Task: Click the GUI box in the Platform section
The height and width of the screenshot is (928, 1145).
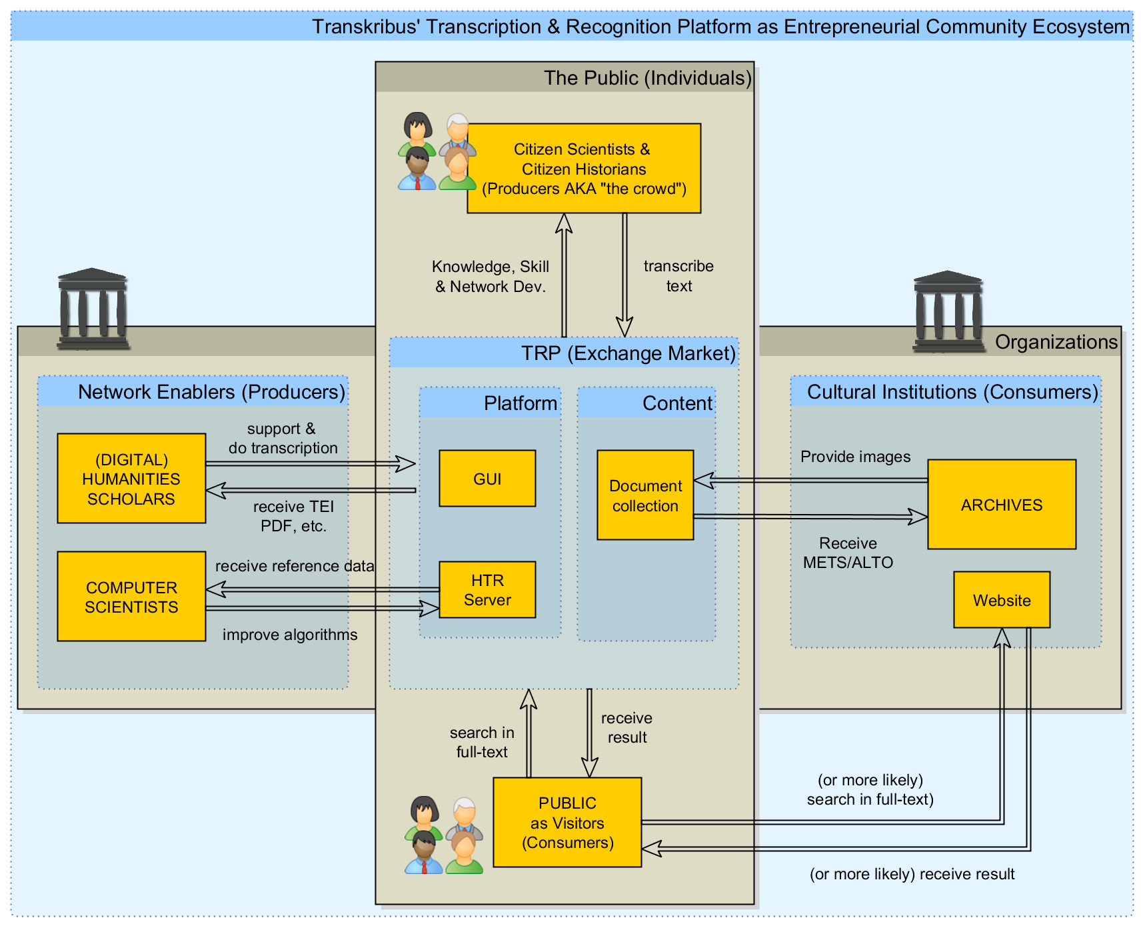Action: [x=487, y=479]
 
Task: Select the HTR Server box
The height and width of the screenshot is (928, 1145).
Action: [x=487, y=590]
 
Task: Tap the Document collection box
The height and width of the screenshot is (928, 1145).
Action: [x=645, y=495]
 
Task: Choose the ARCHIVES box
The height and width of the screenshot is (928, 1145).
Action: [x=1001, y=505]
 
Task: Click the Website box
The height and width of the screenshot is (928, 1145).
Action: [x=1001, y=600]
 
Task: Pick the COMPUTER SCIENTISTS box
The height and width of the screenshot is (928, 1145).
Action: [x=131, y=597]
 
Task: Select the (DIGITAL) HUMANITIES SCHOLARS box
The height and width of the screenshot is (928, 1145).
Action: [x=131, y=479]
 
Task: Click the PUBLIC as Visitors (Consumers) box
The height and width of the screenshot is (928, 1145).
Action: [x=567, y=823]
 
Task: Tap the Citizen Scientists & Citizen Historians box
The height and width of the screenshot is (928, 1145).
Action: [x=584, y=169]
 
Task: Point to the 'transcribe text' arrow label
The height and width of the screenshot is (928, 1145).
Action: [x=678, y=276]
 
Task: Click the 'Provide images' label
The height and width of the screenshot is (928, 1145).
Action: [x=855, y=457]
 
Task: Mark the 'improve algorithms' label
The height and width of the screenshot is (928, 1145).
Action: [x=290, y=635]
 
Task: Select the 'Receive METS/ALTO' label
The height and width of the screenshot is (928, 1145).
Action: [x=848, y=553]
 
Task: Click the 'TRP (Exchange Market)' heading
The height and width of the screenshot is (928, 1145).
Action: [x=628, y=353]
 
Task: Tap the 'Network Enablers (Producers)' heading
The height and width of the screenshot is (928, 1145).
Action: [x=211, y=392]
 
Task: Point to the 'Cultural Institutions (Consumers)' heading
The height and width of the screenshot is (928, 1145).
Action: [x=952, y=392]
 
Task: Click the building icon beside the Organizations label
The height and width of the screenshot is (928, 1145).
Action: [x=948, y=311]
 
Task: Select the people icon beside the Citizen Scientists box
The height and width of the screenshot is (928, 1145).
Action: [x=437, y=152]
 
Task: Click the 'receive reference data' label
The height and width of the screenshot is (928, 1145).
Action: [x=295, y=566]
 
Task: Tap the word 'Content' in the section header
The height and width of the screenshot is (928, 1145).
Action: [x=677, y=403]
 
